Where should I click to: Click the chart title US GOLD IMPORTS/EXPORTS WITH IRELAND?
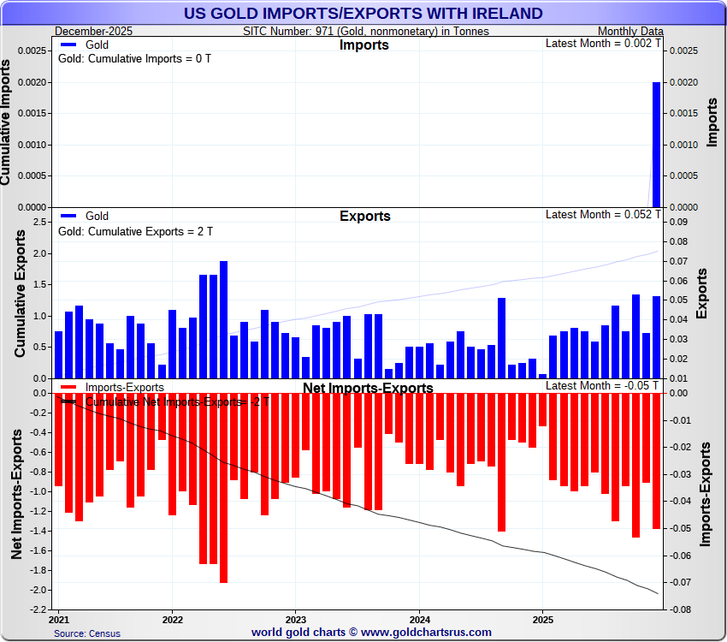pos(363,13)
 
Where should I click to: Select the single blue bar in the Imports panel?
pos(656,145)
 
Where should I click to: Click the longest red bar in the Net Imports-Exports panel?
pos(223,488)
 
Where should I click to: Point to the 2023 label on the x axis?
pos(295,619)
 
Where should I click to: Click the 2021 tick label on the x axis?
pos(60,619)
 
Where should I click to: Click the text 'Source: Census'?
pos(86,633)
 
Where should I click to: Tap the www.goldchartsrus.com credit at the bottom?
pos(371,633)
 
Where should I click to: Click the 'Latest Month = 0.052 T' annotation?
pos(602,214)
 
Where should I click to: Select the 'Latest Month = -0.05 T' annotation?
pos(602,385)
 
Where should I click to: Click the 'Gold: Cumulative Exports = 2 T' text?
pos(135,231)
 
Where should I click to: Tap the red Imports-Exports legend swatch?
pos(68,387)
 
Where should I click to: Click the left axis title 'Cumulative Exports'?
pos(20,293)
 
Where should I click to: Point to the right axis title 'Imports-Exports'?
pos(706,494)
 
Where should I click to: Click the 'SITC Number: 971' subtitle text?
pos(366,31)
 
